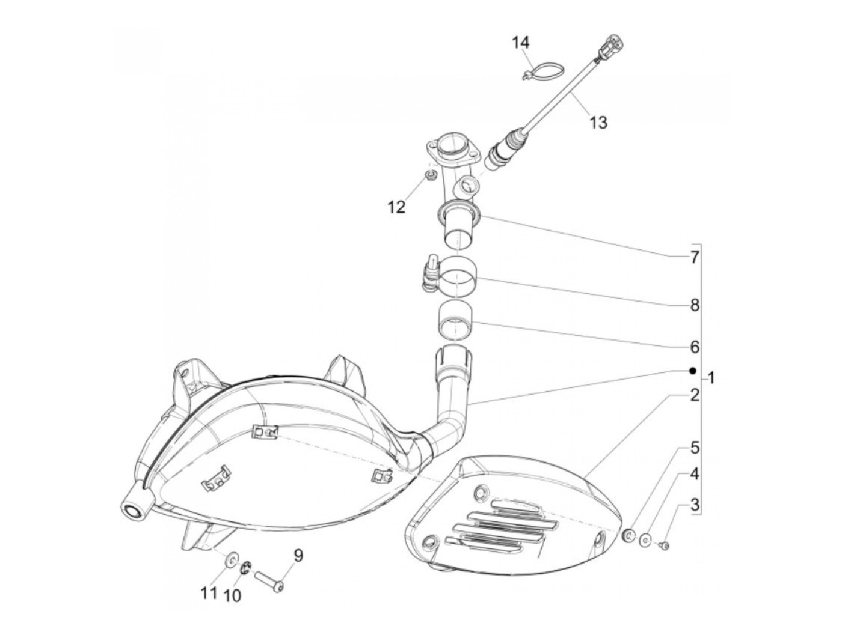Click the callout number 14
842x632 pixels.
(x=521, y=43)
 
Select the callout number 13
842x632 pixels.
(x=598, y=123)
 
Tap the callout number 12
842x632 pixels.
(x=396, y=207)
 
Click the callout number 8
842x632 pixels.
(x=695, y=305)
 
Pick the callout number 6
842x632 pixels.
(x=695, y=347)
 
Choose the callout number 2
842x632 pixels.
(x=695, y=396)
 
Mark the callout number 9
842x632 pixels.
(x=298, y=556)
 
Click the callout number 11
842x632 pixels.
(x=208, y=594)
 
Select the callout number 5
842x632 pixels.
(x=695, y=448)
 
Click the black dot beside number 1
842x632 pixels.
(x=693, y=371)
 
